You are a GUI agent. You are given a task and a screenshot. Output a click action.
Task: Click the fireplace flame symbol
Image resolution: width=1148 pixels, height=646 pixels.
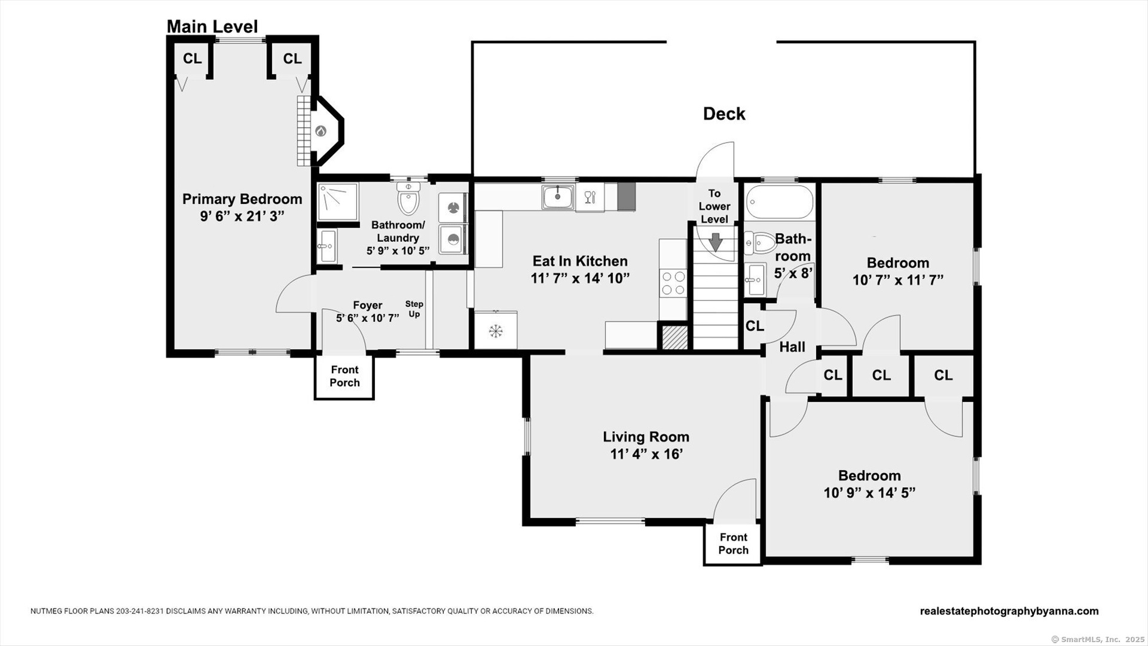coord(321,131)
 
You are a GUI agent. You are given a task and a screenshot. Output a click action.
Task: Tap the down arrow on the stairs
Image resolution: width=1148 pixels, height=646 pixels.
coord(715,242)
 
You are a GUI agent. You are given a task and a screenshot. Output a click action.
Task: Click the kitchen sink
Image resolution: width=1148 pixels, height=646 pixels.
coord(558,197)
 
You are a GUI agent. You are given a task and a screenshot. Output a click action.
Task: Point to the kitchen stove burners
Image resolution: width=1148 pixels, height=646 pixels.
coord(673,283)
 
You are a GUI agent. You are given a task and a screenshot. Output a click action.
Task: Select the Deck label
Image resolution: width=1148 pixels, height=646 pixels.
coord(724,114)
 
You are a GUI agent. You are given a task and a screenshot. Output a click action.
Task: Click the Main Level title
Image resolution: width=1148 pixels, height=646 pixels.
coord(212,26)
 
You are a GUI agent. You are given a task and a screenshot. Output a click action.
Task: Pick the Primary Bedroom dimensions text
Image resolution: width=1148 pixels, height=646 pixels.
coord(242,216)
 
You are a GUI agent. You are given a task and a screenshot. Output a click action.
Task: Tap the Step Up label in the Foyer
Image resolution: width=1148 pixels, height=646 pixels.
coord(414,309)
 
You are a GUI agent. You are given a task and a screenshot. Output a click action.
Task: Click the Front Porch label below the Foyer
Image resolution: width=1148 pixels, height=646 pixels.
coord(345,376)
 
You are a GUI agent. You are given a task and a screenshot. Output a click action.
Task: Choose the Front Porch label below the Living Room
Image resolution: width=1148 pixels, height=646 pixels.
coord(734,544)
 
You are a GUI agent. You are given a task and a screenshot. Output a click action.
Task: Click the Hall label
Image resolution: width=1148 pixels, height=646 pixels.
coord(792,347)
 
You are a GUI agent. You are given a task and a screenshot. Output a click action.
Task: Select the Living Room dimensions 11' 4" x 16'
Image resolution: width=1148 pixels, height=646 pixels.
coord(646,454)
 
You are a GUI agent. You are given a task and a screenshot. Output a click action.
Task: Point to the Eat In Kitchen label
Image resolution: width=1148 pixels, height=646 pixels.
coord(580,261)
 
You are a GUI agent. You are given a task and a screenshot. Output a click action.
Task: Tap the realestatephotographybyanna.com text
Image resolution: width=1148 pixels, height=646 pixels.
coord(1009,611)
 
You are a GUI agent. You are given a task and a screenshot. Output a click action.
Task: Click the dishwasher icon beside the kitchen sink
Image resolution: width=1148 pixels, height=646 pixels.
coord(590,197)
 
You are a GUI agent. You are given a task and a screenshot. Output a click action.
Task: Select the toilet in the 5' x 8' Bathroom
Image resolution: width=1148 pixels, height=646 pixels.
coord(761,243)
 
